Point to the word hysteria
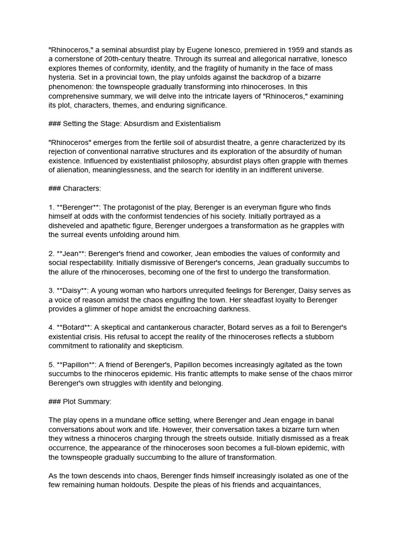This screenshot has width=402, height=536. coord(62,77)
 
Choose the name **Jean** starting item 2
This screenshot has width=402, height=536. coord(71,253)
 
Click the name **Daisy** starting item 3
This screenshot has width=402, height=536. coord(73,291)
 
